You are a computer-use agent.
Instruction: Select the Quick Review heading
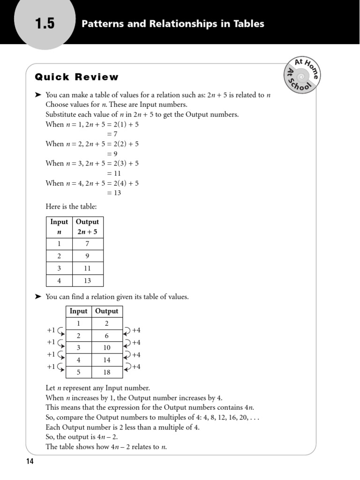coord(77,77)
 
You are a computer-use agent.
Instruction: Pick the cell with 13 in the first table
coord(88,281)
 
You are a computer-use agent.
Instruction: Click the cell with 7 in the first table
coord(88,244)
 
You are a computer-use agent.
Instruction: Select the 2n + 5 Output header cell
coord(88,227)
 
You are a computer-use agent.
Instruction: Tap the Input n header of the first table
coord(59,227)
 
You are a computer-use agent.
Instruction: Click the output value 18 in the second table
coord(107,372)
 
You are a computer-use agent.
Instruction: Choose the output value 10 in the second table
coord(107,348)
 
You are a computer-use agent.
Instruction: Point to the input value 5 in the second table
coord(78,372)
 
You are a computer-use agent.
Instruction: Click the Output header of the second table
coord(107,311)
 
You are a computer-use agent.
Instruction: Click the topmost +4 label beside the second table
coord(136,330)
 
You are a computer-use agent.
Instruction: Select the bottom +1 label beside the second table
coord(51,367)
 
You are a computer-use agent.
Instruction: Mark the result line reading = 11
coord(114,173)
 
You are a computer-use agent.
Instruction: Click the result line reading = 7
coord(112,134)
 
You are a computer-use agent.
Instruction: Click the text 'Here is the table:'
coord(71,206)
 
